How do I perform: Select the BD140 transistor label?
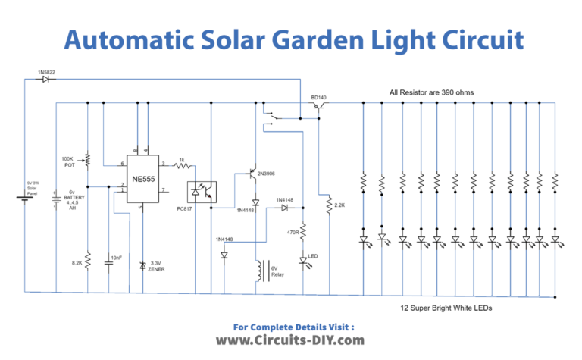coord(319,98)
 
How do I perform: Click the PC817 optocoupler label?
coord(185,207)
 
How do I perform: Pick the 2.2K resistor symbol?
coord(328,205)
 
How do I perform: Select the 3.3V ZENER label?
coord(158,266)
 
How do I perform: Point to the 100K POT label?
coord(68,162)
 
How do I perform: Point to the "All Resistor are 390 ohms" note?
coord(431,92)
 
